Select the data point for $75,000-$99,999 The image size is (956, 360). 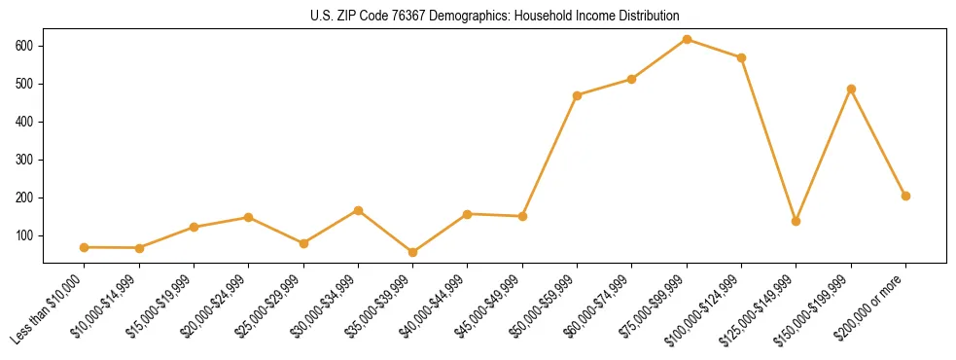coord(687,40)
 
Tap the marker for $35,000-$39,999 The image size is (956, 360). coord(413,252)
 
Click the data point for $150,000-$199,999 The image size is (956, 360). coord(851,90)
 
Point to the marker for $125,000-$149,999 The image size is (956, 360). coord(797,221)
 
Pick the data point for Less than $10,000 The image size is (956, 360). coord(85,247)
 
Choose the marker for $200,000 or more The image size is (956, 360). coord(905,196)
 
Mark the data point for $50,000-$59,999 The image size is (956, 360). coord(578,95)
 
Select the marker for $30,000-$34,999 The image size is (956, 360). coord(359,210)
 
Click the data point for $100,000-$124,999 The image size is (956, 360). coord(741,57)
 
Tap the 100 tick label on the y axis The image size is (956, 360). coord(25,235)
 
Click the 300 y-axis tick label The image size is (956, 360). coord(25,160)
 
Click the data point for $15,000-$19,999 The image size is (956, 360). coord(195,227)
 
